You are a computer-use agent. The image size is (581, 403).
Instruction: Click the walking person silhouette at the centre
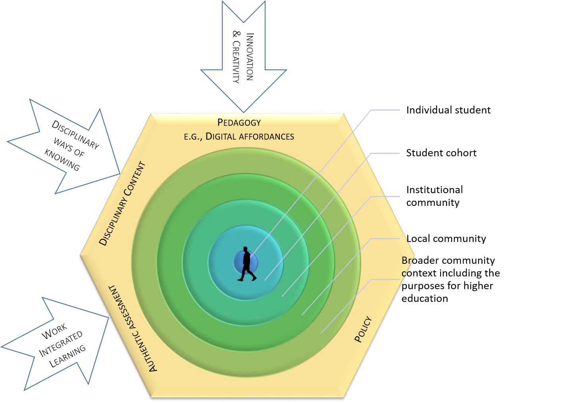coord(246,264)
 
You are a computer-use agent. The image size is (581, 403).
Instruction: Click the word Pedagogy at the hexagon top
coord(239,123)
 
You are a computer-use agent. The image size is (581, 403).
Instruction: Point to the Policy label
coord(363,329)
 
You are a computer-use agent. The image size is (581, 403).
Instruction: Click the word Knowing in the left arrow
coord(62,160)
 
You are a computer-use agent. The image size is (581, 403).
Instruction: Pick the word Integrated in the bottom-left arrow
coord(61,344)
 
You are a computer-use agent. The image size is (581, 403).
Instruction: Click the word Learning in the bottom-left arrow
coord(67,356)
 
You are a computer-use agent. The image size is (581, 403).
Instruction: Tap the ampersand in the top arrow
coord(236,34)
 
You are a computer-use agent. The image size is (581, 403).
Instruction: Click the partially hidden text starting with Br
coord(406,261)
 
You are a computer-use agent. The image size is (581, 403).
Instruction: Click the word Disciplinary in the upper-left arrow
coord(75,135)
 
